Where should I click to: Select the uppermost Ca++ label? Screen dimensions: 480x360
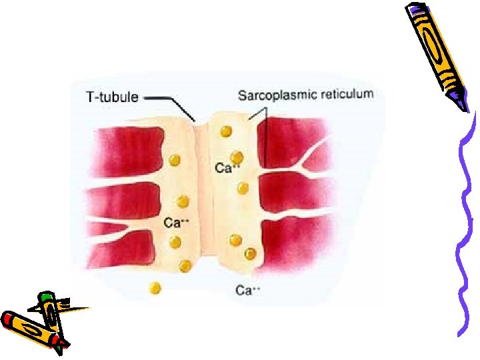click(227, 168)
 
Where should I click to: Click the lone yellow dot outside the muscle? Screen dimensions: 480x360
click(155, 288)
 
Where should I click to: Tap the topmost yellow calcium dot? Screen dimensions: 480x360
click(228, 130)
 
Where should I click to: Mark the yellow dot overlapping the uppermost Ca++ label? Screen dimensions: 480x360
click(236, 158)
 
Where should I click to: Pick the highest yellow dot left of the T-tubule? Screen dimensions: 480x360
click(175, 160)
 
